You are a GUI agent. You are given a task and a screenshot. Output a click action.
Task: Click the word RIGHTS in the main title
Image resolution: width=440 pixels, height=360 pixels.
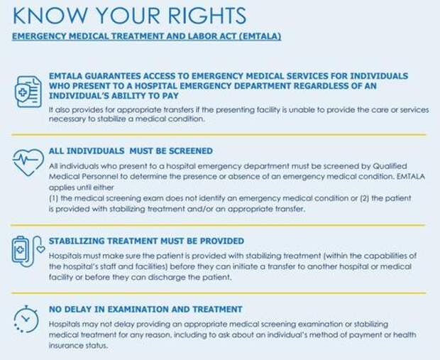click(207, 16)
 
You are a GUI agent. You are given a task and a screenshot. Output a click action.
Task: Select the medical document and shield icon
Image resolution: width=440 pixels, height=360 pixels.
click(28, 92)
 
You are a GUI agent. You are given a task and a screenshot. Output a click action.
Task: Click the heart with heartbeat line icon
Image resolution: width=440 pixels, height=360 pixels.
click(28, 163)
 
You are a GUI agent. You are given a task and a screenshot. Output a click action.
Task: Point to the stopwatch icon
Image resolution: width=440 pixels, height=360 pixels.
click(26, 320)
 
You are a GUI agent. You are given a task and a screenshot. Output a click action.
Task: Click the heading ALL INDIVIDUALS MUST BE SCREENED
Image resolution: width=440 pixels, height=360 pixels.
click(131, 151)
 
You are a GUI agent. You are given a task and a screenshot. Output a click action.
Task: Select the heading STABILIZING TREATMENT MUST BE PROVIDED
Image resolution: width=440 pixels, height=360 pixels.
click(146, 241)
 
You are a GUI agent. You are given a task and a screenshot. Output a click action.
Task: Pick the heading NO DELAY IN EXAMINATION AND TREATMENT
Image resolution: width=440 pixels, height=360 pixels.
click(145, 309)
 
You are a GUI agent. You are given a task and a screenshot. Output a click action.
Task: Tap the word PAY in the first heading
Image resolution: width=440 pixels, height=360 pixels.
click(170, 96)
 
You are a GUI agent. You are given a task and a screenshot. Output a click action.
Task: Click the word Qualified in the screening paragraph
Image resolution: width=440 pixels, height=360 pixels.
click(390, 166)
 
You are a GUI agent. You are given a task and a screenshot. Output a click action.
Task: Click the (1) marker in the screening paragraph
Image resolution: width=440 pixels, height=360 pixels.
click(54, 198)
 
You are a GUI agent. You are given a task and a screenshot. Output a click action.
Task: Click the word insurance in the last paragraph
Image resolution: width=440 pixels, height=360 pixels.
click(62, 345)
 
